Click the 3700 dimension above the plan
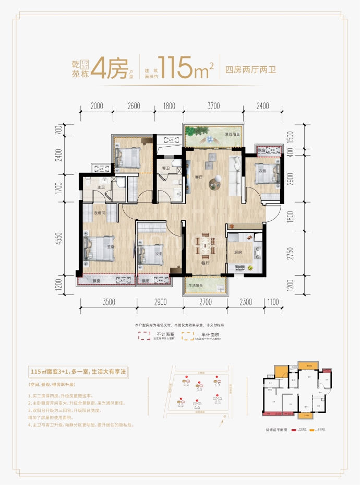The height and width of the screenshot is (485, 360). [x=213, y=106]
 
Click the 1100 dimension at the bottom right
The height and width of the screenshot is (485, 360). [x=273, y=302]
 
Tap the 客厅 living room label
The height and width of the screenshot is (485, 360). [x=198, y=177]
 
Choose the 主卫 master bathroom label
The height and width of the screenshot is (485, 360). [x=101, y=187]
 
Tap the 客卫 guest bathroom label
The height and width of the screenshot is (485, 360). [x=166, y=169]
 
